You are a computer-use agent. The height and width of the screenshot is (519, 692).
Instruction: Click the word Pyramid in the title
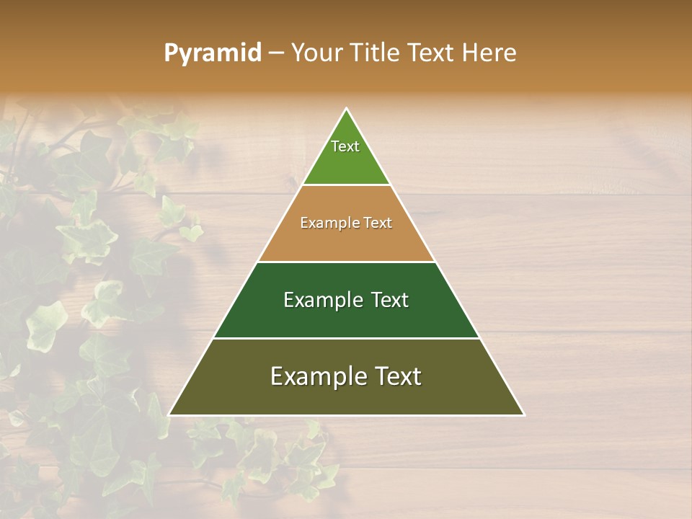pyautogui.click(x=212, y=53)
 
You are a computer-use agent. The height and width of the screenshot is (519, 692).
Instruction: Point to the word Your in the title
pyautogui.click(x=317, y=53)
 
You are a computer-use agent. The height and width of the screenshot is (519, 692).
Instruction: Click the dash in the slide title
pyautogui.click(x=276, y=53)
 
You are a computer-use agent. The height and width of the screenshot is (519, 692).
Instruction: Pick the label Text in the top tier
pyautogui.click(x=345, y=146)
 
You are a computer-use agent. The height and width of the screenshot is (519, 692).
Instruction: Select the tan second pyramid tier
pyautogui.click(x=346, y=241)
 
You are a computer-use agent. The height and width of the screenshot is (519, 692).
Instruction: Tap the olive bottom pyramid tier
pyautogui.click(x=346, y=396)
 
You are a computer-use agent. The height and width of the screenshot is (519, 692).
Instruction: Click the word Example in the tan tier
pyautogui.click(x=326, y=223)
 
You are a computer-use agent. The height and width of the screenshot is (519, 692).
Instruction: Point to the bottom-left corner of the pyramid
pyautogui.click(x=169, y=415)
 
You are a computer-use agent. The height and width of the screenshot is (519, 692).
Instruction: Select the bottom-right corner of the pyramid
pyautogui.click(x=524, y=415)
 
